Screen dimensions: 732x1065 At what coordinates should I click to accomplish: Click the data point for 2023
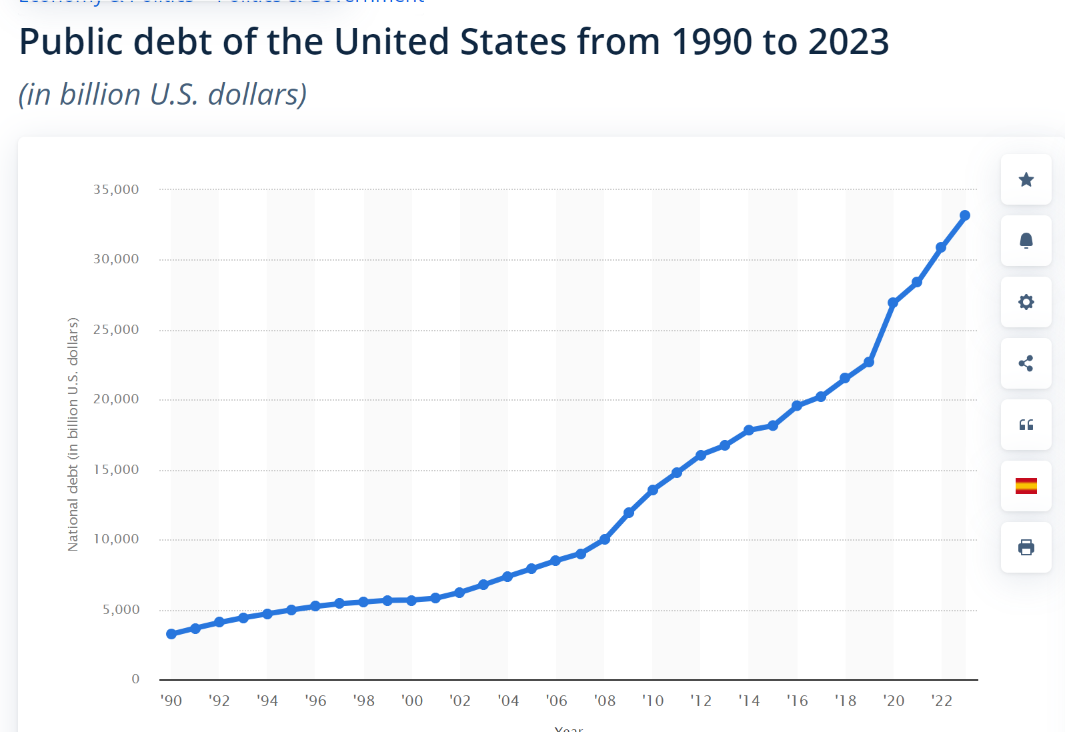pos(964,215)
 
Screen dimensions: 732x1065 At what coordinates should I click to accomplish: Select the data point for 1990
pos(171,633)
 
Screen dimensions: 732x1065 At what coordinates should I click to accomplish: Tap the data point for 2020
pos(892,303)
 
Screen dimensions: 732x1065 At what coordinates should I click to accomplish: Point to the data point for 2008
pos(605,539)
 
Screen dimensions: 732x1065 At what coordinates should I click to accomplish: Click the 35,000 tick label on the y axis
pos(116,189)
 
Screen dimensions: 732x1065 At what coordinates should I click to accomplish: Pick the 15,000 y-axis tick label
pos(116,469)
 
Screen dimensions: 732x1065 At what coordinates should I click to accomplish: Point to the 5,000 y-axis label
pos(121,609)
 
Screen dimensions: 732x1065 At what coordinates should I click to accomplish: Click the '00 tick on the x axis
pos(412,701)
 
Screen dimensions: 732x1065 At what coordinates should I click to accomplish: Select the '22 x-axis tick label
pos(942,701)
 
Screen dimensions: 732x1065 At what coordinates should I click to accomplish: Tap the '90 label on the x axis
pos(171,701)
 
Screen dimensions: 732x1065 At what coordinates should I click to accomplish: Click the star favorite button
pos(1026,179)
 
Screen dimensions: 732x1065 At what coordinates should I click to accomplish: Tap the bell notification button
pos(1026,241)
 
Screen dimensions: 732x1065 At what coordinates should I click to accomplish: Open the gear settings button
pos(1026,302)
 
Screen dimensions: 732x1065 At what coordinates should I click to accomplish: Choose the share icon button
pos(1026,363)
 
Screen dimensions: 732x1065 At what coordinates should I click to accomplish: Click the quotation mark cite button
pos(1026,425)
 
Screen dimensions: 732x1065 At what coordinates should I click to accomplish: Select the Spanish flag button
pos(1026,486)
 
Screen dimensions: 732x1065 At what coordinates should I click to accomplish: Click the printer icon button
pos(1026,547)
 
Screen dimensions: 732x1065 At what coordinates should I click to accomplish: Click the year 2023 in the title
pos(848,42)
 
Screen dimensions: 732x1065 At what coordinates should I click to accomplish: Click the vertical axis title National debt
pos(73,433)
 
